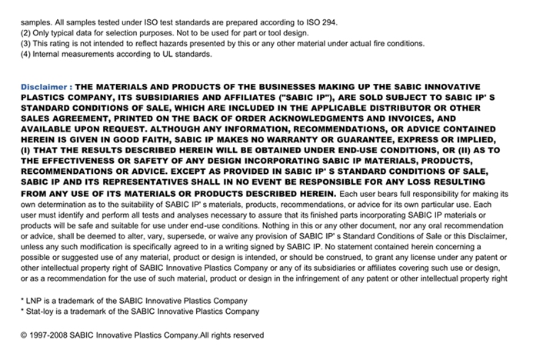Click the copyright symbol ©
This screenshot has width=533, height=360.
click(25, 335)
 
